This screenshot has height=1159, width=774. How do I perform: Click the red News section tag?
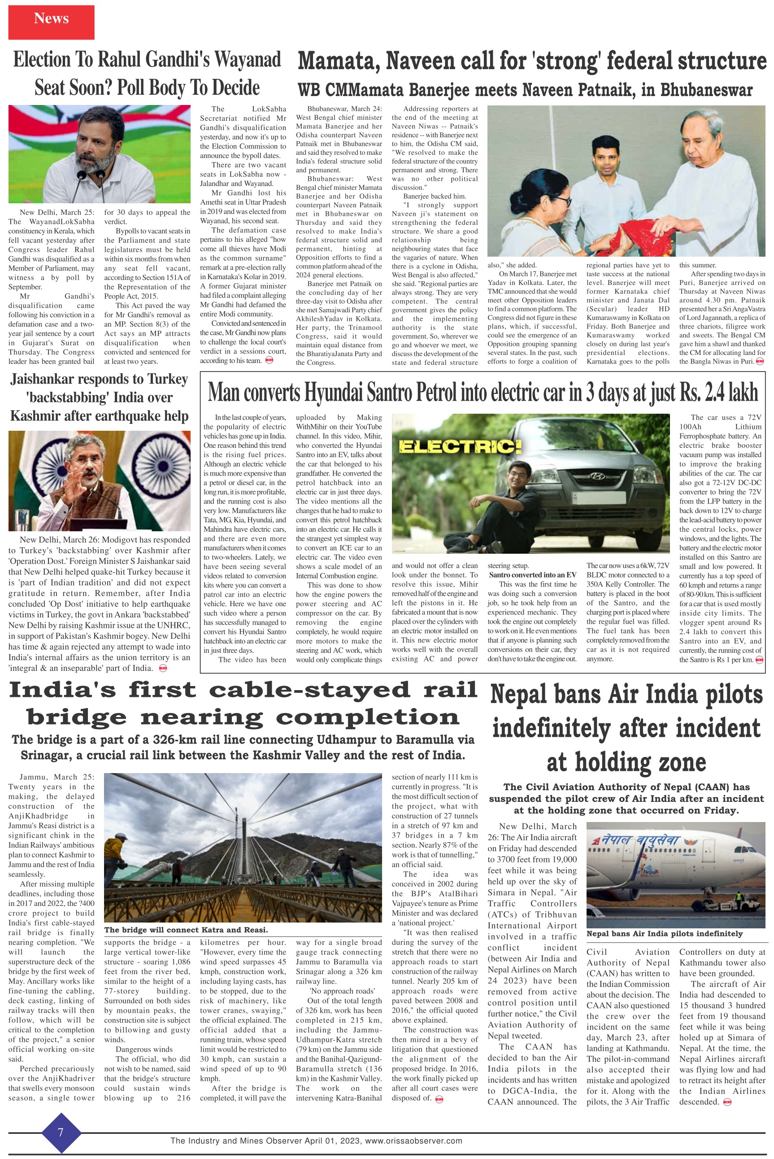(51, 20)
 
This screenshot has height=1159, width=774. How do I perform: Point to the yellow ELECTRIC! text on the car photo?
(460, 447)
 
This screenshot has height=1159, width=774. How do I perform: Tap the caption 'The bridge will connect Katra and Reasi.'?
(186, 930)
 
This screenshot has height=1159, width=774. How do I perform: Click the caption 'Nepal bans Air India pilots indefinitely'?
(664, 933)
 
